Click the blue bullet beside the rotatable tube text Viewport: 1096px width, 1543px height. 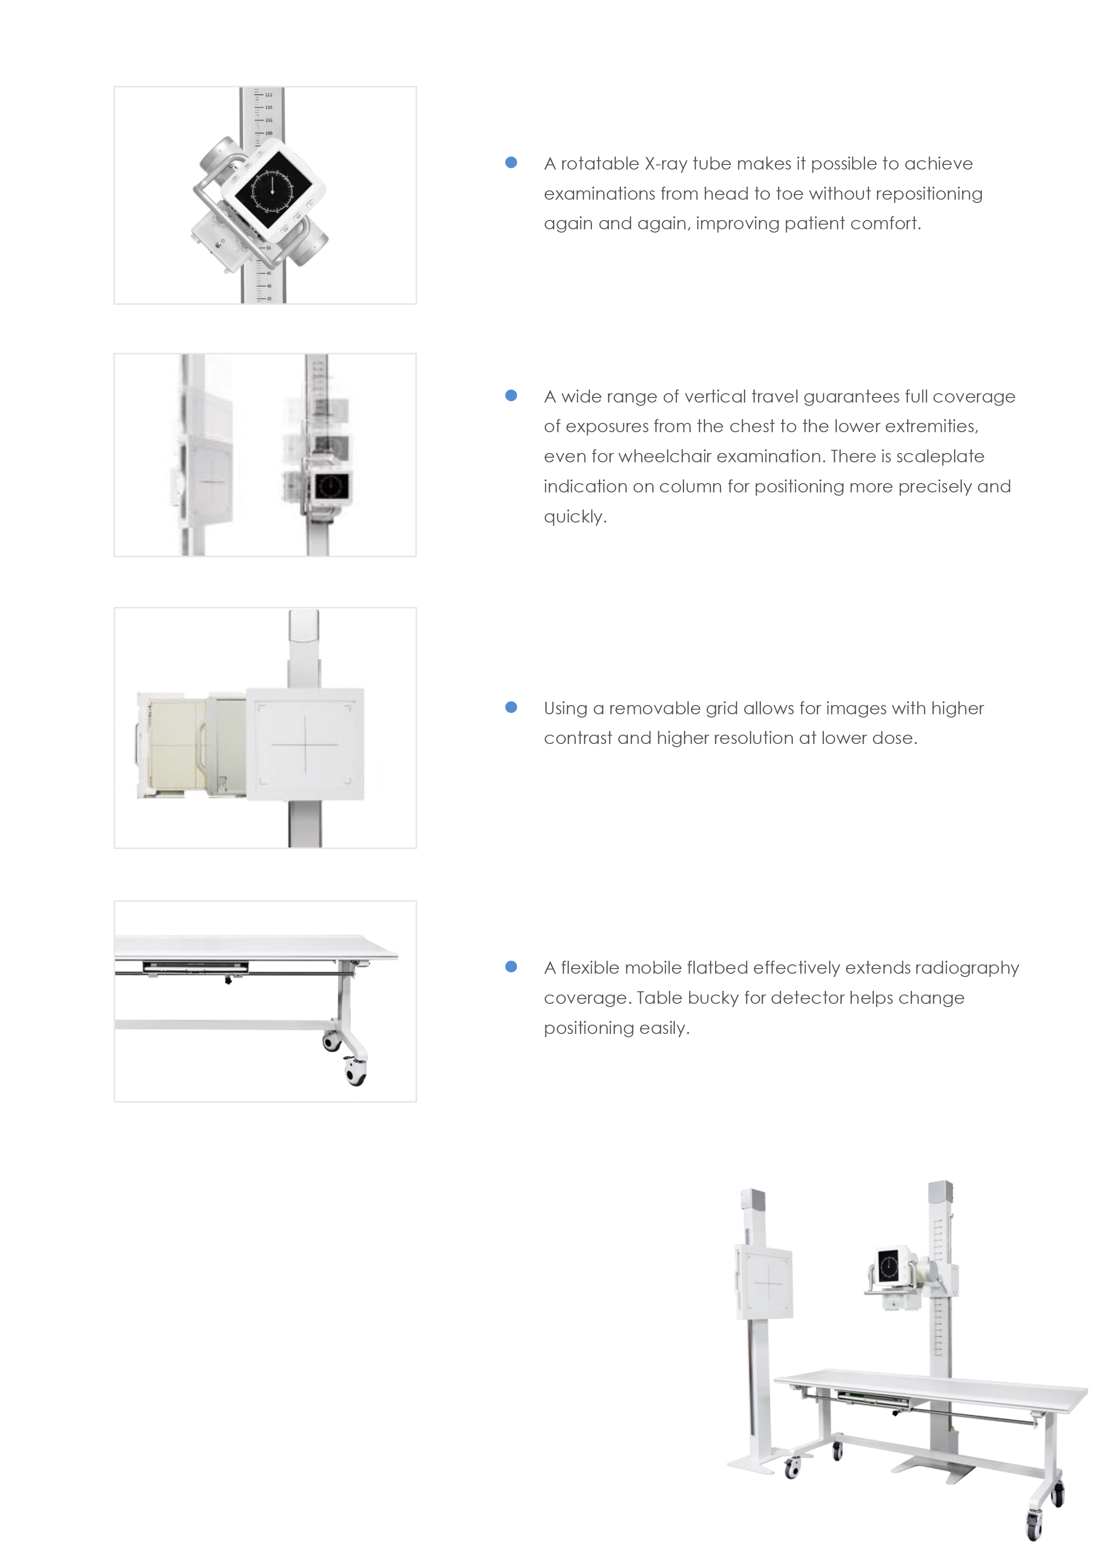tap(511, 163)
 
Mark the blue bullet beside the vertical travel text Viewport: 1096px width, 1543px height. tap(511, 396)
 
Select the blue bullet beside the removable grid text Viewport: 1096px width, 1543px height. tap(511, 707)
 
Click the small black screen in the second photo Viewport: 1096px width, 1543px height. tap(330, 485)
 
